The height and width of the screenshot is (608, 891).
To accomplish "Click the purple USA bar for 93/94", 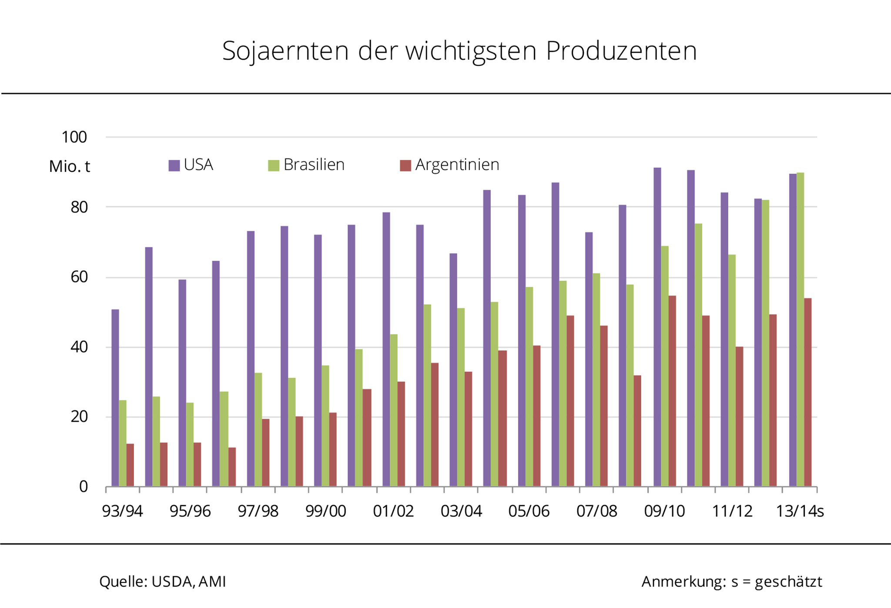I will (115, 398).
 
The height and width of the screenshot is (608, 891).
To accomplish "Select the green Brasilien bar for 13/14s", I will (800, 329).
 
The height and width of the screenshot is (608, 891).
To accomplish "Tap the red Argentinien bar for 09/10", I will (672, 391).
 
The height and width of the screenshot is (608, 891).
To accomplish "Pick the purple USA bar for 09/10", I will (657, 327).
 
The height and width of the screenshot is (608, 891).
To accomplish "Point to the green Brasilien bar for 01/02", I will (394, 410).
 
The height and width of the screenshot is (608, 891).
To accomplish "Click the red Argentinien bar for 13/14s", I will (808, 392).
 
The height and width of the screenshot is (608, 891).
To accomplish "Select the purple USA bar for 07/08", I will (589, 359).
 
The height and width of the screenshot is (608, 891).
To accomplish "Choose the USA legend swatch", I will (174, 165).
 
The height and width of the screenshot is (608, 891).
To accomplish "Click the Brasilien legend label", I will (314, 165).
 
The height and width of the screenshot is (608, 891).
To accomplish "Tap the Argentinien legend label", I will (457, 165).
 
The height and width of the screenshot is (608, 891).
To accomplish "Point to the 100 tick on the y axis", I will (74, 138).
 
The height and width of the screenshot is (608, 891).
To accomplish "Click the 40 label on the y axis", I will (79, 347).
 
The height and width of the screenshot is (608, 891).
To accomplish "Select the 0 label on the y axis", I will (83, 487).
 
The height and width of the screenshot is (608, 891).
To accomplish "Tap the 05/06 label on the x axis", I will (529, 511).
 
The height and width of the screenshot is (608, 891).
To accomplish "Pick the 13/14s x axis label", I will (800, 511).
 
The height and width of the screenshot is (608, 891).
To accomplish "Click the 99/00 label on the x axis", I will (325, 511).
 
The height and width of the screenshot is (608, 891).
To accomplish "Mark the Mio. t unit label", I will (70, 167).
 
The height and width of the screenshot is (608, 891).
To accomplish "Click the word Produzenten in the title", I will (621, 51).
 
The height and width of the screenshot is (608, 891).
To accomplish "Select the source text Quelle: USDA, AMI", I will (163, 581).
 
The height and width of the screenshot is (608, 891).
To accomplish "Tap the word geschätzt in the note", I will (788, 582).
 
